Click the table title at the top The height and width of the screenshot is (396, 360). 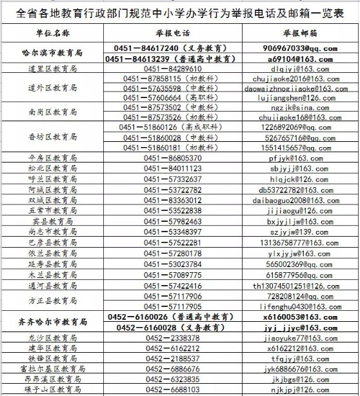point(180,12)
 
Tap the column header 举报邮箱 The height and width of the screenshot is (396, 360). point(301,32)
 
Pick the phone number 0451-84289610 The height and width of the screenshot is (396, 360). point(172,68)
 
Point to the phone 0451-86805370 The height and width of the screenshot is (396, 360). point(172,157)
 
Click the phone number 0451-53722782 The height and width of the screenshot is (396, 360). point(172,190)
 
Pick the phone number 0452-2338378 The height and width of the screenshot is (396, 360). point(172,337)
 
